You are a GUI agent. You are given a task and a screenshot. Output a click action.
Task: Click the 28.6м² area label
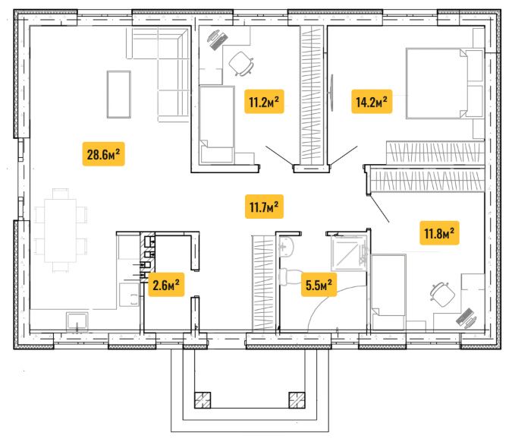pyautogui.click(x=103, y=154)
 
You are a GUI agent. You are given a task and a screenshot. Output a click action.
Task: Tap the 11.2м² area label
pyautogui.click(x=264, y=102)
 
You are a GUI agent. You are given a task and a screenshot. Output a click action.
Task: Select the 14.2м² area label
pyautogui.click(x=372, y=102)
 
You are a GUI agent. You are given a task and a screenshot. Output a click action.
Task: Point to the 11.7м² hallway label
pyautogui.click(x=264, y=207)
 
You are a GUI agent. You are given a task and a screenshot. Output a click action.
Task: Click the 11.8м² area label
pyautogui.click(x=439, y=233)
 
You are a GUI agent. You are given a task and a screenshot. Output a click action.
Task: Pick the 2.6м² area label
pyautogui.click(x=166, y=285)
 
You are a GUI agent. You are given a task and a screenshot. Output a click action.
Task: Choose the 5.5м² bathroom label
pyautogui.click(x=319, y=285)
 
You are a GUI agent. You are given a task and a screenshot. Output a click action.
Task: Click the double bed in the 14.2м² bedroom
pyautogui.click(x=444, y=84)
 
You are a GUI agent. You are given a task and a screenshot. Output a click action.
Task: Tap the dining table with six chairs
pyautogui.click(x=61, y=230)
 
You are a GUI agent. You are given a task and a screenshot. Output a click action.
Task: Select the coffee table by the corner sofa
pyautogui.click(x=119, y=94)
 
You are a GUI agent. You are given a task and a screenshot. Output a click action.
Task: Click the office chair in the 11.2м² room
pyautogui.click(x=242, y=64)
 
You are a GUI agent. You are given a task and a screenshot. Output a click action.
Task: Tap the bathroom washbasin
pyautogui.click(x=287, y=247)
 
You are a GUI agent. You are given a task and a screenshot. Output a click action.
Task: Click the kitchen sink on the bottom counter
pyautogui.click(x=77, y=321)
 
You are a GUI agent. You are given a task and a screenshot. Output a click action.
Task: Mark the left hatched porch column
pyautogui.click(x=203, y=400)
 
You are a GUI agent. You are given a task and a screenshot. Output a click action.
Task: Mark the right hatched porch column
pyautogui.click(x=297, y=400)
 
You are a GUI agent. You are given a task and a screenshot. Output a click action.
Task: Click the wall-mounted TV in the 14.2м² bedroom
pyautogui.click(x=331, y=93)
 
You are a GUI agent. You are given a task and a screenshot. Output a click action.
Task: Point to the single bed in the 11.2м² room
pyautogui.click(x=217, y=125)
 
